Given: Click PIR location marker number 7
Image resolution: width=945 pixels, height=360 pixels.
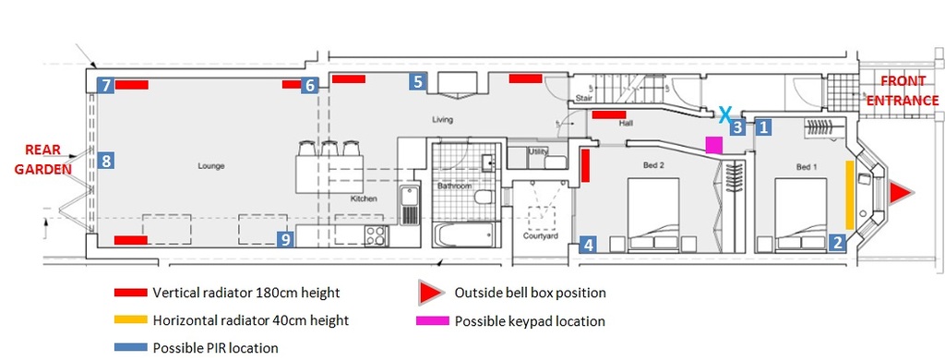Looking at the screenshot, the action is tap(105, 85).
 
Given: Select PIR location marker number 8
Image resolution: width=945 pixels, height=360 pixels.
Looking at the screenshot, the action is tap(105, 161).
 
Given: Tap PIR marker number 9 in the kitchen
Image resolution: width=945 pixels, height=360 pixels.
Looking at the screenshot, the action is tap(286, 239).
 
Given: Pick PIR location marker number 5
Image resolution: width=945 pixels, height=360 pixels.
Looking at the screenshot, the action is tap(418, 81).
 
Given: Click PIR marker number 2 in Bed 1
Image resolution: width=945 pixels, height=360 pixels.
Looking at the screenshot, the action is tap(836, 243).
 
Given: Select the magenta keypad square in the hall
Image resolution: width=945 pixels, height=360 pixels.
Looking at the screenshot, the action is tap(714, 145).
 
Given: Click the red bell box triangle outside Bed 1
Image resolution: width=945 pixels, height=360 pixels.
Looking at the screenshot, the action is tap(902, 193).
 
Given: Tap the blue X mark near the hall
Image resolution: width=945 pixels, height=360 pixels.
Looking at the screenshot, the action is tap(726, 113).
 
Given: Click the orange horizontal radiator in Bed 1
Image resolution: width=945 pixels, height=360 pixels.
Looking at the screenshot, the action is tap(850, 195).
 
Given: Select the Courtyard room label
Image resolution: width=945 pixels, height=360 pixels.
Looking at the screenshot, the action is tap(540, 236).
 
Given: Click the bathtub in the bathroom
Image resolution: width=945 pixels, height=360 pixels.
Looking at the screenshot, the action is tap(466, 234).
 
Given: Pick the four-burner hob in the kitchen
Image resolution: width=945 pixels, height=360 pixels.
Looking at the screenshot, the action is tap(375, 234).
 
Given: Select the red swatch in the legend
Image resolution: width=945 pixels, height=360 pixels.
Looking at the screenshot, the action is tap(131, 293).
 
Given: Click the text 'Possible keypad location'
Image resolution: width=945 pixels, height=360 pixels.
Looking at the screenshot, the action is tap(530, 321).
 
